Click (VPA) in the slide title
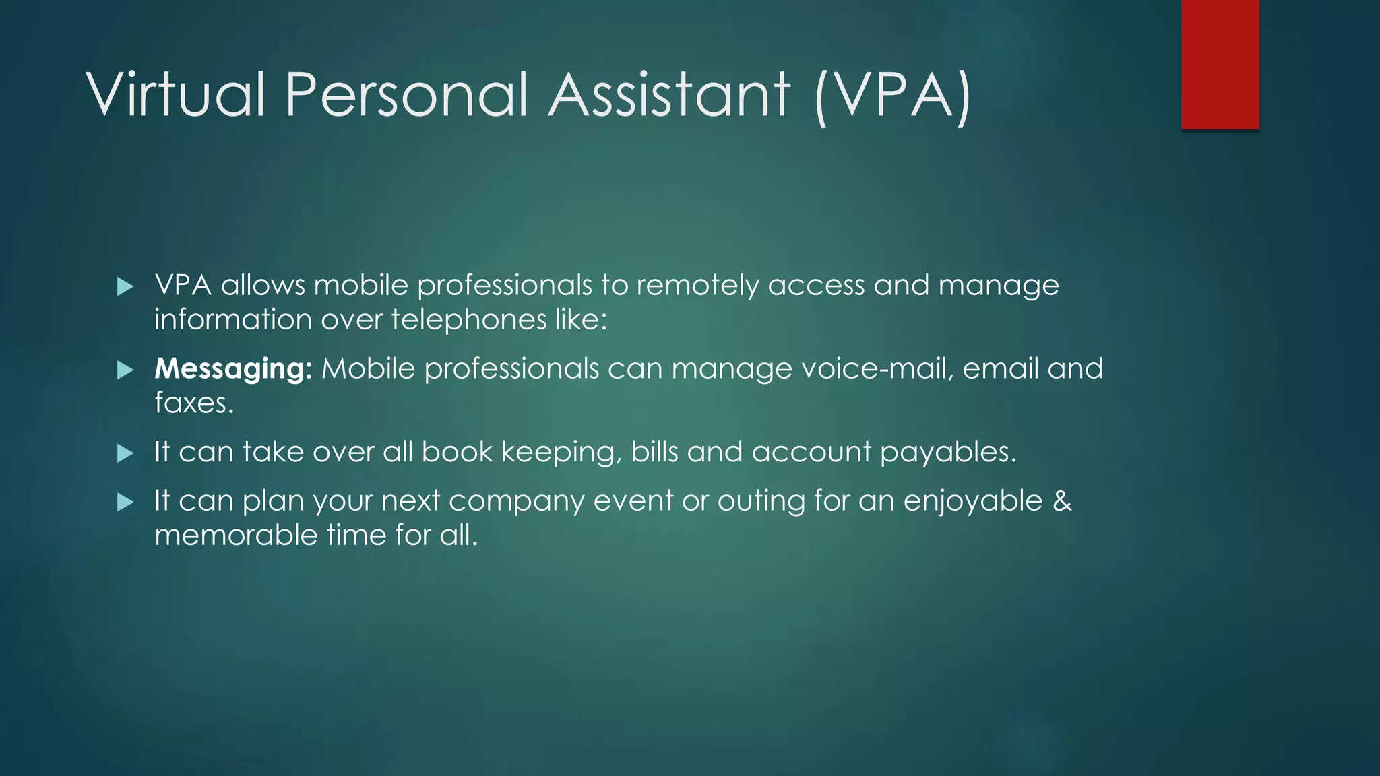click(893, 96)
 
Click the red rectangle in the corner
click(1220, 64)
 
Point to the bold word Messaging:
click(233, 369)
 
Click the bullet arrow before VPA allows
click(125, 287)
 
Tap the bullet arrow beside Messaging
click(125, 370)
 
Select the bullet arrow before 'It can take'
click(125, 453)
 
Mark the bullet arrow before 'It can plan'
click(125, 503)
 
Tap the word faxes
click(194, 403)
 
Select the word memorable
click(236, 536)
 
